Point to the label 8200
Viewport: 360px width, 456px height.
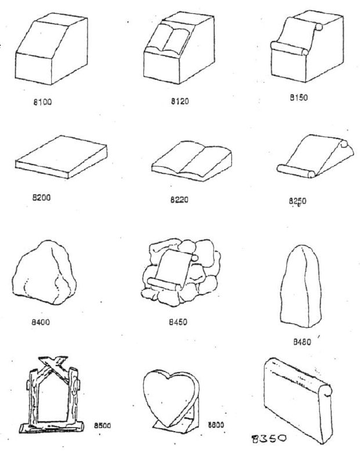(x=42, y=197)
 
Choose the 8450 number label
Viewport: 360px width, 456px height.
(x=177, y=321)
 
